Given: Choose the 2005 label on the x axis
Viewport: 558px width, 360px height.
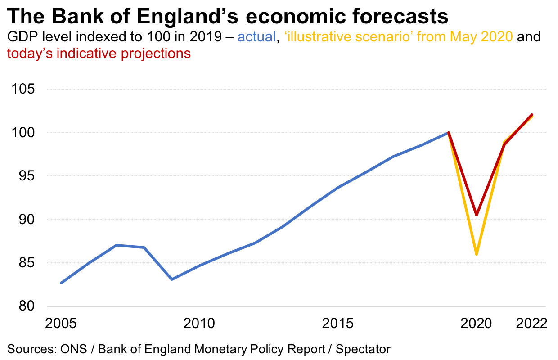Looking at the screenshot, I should (61, 324).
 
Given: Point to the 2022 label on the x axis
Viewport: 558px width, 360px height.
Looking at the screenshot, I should (531, 324).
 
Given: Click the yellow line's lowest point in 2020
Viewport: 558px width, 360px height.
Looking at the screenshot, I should (477, 254).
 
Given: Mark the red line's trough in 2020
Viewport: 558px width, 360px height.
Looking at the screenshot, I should (477, 215).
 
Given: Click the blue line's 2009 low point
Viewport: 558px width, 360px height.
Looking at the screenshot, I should (172, 279).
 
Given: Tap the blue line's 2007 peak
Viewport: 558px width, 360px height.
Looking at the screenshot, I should (117, 245).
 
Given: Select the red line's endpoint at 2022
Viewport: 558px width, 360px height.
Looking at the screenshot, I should (532, 115).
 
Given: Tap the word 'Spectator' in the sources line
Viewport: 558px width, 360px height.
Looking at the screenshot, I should (363, 349).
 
